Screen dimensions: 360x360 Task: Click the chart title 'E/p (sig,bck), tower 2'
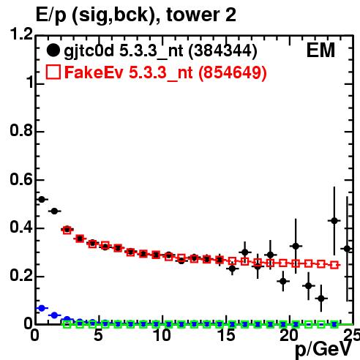(x=136, y=15)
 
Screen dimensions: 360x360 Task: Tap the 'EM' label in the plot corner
(x=320, y=50)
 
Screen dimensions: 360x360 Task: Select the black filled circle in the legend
(x=53, y=50)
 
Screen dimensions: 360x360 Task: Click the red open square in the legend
(x=53, y=72)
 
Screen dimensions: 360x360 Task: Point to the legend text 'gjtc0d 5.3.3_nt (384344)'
(x=160, y=51)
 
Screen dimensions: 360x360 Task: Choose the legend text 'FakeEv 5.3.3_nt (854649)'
(x=165, y=72)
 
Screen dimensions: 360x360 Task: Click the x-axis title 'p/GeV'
(x=323, y=350)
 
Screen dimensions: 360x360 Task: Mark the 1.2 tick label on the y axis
(x=21, y=34)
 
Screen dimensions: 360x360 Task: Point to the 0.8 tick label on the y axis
(x=21, y=130)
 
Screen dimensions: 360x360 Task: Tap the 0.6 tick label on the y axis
(x=21, y=179)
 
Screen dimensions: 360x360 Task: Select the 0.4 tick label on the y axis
(x=21, y=227)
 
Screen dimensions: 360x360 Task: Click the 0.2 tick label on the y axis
(x=21, y=275)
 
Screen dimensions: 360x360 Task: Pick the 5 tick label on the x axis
(x=98, y=335)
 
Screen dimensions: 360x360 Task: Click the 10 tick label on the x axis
(x=162, y=335)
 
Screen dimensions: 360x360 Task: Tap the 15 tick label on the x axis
(x=227, y=335)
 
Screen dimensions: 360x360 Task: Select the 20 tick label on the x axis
(x=290, y=335)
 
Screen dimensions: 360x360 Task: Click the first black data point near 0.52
(x=42, y=200)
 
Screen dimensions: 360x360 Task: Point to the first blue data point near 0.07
(x=42, y=308)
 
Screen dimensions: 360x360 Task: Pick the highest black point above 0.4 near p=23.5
(x=334, y=221)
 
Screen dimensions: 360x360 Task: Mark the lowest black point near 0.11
(x=321, y=298)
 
